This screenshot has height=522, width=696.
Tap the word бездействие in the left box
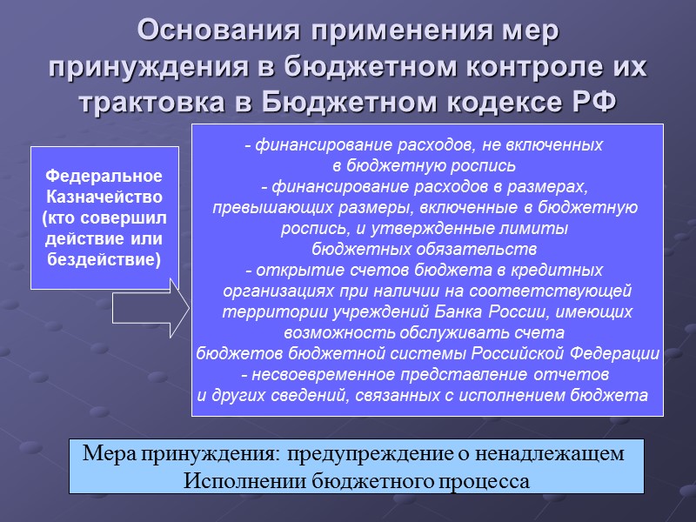[104, 259]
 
